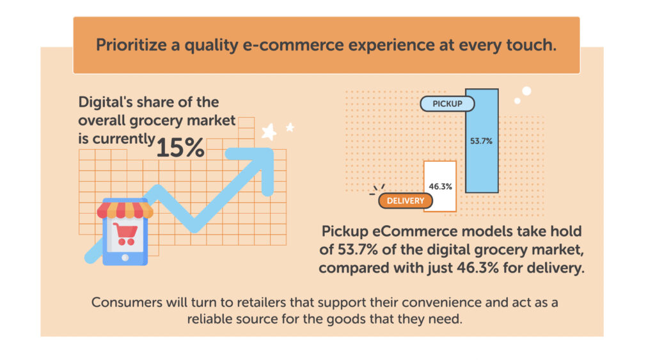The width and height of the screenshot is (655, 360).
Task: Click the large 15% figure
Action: tap(180, 148)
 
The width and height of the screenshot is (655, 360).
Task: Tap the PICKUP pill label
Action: tap(447, 104)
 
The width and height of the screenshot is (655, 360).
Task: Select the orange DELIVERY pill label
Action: tap(405, 201)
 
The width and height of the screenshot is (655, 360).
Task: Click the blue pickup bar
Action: tap(482, 141)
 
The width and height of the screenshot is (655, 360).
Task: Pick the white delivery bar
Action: tap(440, 186)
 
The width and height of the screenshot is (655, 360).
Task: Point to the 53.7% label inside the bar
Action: tap(481, 141)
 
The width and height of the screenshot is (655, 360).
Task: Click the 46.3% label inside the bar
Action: tap(440, 187)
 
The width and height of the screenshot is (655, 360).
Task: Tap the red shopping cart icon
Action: tap(125, 234)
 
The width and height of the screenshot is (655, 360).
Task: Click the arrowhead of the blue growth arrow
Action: tap(255, 167)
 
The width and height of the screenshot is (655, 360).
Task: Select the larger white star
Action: tap(269, 132)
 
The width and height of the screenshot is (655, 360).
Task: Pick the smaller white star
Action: tap(290, 127)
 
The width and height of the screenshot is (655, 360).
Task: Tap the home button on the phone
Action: tap(125, 258)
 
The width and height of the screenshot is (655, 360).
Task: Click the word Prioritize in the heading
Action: tap(131, 45)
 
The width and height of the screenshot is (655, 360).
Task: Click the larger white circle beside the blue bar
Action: tap(526, 91)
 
